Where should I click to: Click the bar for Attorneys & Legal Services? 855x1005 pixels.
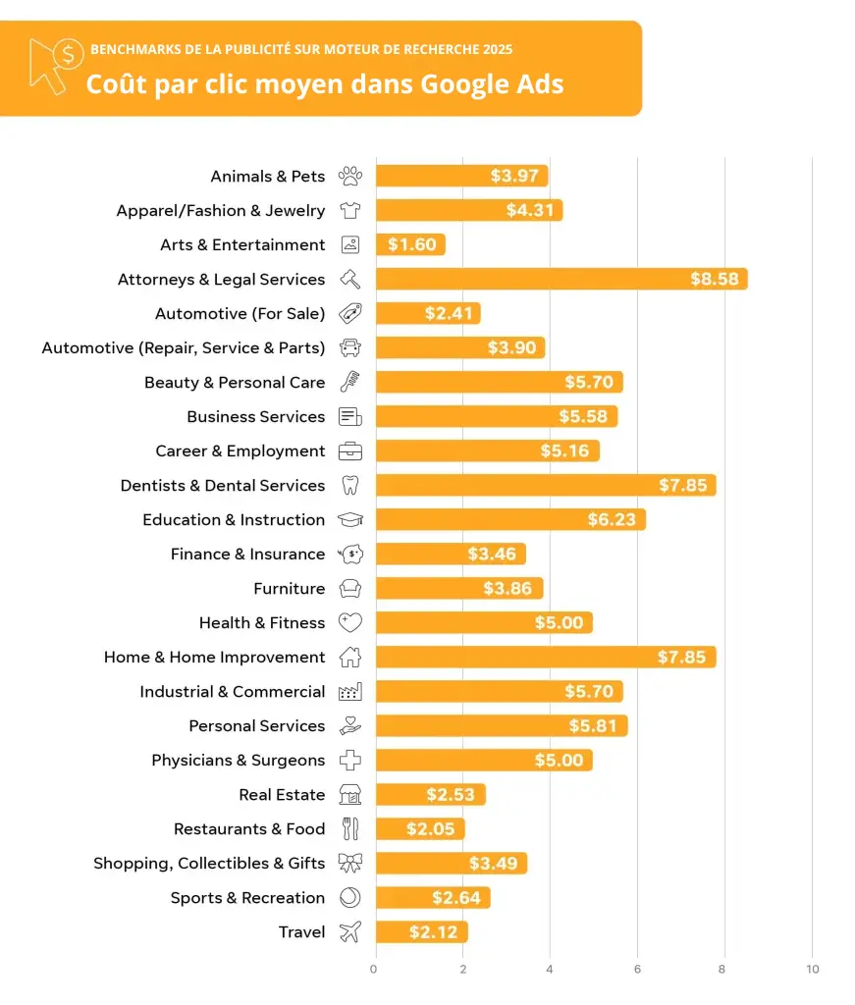pyautogui.click(x=561, y=279)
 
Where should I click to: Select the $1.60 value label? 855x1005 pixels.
pyautogui.click(x=412, y=245)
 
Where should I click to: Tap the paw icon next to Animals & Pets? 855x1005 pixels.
pyautogui.click(x=350, y=177)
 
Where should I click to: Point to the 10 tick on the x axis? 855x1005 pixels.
pyautogui.click(x=812, y=969)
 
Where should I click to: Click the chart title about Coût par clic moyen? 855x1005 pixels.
pyautogui.click(x=324, y=83)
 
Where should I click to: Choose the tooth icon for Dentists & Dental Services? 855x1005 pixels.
pyautogui.click(x=350, y=485)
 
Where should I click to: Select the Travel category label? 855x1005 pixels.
pyautogui.click(x=301, y=932)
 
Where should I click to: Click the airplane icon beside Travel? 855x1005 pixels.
pyautogui.click(x=350, y=932)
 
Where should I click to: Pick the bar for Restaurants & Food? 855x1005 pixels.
pyautogui.click(x=419, y=829)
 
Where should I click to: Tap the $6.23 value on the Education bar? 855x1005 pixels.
pyautogui.click(x=612, y=520)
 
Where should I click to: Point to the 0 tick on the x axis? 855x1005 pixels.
pyautogui.click(x=374, y=969)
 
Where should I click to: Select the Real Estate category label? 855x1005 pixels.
pyautogui.click(x=282, y=795)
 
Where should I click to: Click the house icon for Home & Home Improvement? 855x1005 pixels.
pyautogui.click(x=350, y=658)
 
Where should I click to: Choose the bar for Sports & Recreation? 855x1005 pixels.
pyautogui.click(x=432, y=898)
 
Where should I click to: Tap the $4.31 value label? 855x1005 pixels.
pyautogui.click(x=530, y=211)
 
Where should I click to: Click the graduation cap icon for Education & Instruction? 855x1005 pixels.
pyautogui.click(x=350, y=520)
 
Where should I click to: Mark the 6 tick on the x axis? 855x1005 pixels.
pyautogui.click(x=637, y=969)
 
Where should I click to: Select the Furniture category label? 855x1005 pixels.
pyautogui.click(x=289, y=589)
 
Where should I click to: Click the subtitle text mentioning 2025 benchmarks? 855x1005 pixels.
pyautogui.click(x=301, y=49)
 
